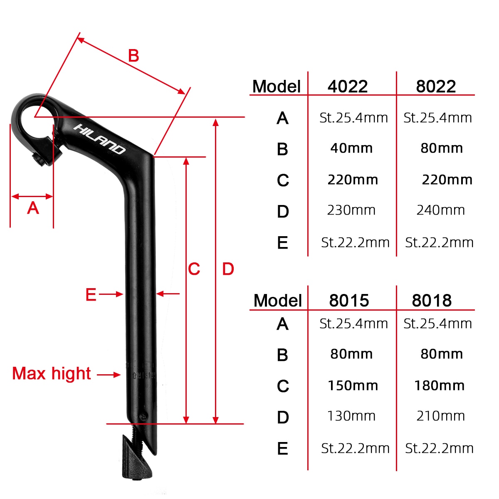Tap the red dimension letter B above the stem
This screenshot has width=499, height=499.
tap(133, 56)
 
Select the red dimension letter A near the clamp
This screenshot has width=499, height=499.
tap(33, 208)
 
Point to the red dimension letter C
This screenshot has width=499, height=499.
tap(194, 269)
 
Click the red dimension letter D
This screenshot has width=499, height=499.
tap(228, 269)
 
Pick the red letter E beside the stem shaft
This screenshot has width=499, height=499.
tap(91, 294)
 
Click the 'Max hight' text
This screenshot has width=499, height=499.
tap(51, 373)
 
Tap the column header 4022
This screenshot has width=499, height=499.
tap(348, 86)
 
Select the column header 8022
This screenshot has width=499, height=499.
tap(436, 86)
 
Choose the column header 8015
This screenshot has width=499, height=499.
tap(349, 300)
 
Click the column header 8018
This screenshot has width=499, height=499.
tap(432, 300)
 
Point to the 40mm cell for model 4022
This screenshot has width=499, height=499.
tap(351, 148)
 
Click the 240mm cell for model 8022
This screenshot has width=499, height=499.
tap(440, 210)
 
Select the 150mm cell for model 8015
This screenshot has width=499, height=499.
tap(353, 385)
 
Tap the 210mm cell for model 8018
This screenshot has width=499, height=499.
tap(440, 416)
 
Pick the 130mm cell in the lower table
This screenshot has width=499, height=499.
tap(351, 416)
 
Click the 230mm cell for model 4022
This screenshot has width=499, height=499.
tap(351, 210)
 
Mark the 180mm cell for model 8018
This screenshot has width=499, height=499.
tap(439, 385)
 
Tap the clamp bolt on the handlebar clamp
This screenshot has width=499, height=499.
tap(42, 160)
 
